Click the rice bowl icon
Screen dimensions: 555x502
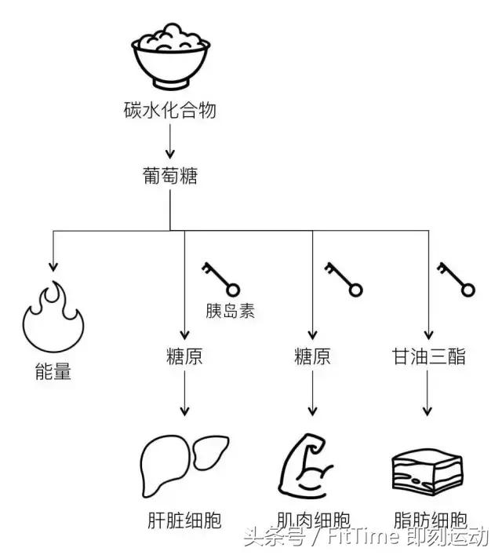tap(169, 54)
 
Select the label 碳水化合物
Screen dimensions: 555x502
tap(169, 110)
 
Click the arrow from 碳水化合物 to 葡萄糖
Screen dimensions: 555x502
tap(169, 143)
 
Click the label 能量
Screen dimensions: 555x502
tap(53, 371)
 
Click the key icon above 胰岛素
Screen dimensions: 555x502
tap(220, 276)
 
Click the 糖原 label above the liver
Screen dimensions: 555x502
tap(184, 357)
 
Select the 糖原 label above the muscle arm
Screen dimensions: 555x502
tap(312, 357)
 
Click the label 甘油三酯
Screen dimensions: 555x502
tap(429, 357)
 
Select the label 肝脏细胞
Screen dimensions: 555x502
tap(184, 520)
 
